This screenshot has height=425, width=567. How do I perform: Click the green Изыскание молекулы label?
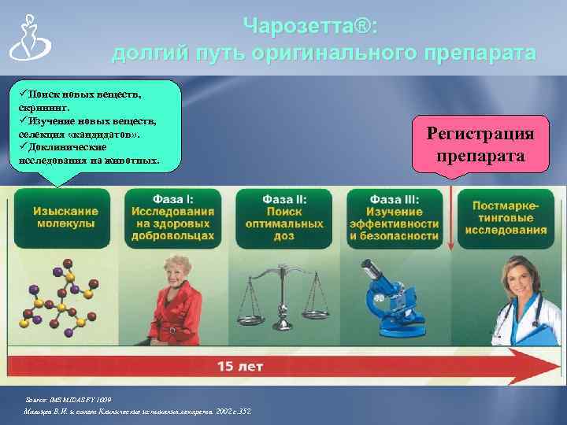pos(66,217)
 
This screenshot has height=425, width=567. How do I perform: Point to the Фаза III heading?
pos(394,199)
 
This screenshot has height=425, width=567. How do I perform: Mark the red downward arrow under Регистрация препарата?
pos(450,213)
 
